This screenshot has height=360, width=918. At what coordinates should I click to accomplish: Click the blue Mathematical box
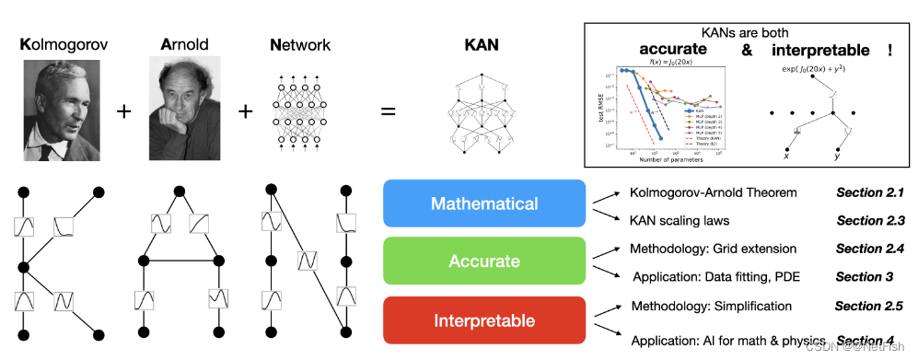484,203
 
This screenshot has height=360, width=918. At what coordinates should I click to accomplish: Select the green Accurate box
484,261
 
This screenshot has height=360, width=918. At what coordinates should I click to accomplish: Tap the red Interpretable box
484,320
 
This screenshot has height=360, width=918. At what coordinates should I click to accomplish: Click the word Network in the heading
300,43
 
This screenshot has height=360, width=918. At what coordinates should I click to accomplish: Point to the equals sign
389,111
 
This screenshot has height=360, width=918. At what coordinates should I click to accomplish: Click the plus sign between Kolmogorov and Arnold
122,111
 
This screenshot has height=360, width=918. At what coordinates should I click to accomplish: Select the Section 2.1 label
870,193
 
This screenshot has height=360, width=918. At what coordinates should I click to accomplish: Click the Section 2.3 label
870,221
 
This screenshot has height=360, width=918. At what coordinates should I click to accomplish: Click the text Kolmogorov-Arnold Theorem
713,193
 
